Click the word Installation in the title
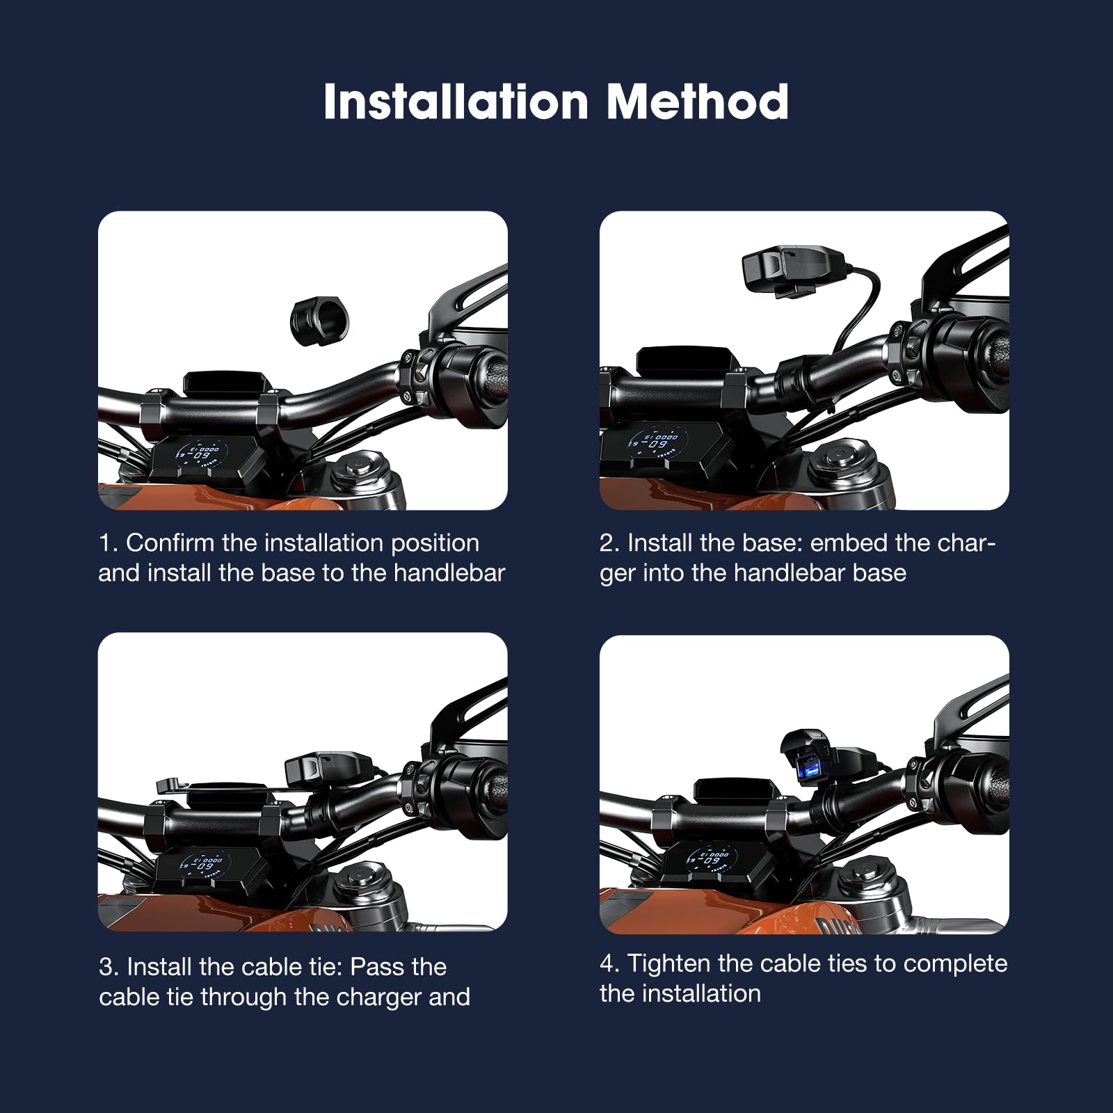click(x=456, y=102)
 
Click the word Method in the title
click(x=697, y=102)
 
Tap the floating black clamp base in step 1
click(x=319, y=319)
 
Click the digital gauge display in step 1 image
click(x=202, y=454)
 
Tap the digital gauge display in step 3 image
click(x=204, y=865)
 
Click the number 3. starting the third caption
click(x=109, y=967)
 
